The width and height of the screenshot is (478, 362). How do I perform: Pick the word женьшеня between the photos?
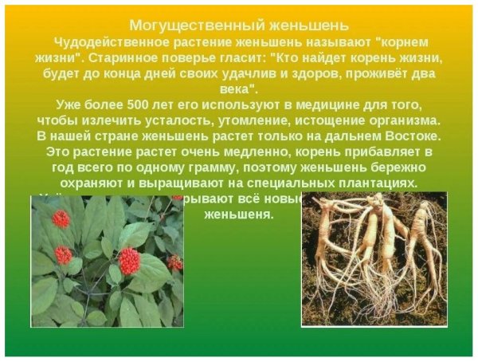point(239,214)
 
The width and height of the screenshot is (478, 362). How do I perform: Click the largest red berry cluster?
point(128,261)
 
